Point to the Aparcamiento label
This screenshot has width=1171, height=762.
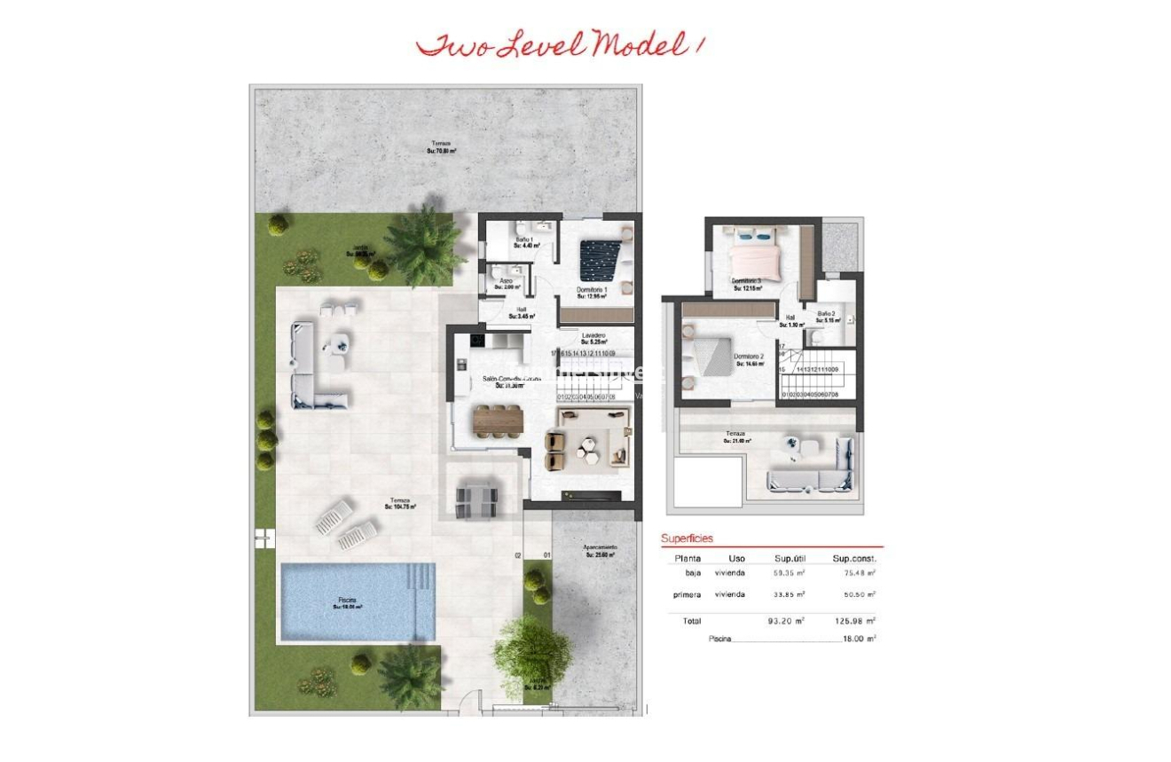pyautogui.click(x=600, y=551)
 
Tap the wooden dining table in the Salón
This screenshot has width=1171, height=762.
pyautogui.click(x=498, y=420)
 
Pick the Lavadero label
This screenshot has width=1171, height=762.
pyautogui.click(x=593, y=338)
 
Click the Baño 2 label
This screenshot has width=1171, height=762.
pyautogui.click(x=827, y=317)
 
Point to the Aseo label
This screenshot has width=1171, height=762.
pyautogui.click(x=506, y=283)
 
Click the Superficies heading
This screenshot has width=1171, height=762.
pyautogui.click(x=687, y=538)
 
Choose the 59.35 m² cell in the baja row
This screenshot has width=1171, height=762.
pyautogui.click(x=789, y=573)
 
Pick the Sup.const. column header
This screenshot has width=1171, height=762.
pyautogui.click(x=853, y=559)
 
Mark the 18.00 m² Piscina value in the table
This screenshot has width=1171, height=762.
pyautogui.click(x=858, y=639)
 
